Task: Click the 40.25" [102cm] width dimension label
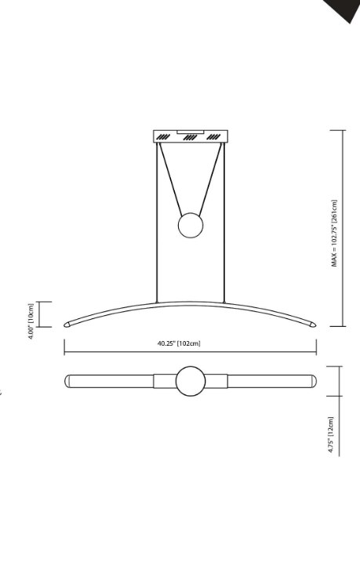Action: [x=179, y=343]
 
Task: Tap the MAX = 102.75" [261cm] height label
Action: [x=334, y=233]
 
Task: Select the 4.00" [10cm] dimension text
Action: [x=31, y=321]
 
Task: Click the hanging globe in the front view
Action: [x=191, y=226]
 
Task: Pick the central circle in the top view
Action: [x=190, y=382]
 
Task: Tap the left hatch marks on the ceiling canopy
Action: [x=163, y=137]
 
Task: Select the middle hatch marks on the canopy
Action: [x=190, y=137]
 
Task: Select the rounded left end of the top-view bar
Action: [x=68, y=382]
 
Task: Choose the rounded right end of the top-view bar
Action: [x=313, y=382]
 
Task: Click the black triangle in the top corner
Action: [x=345, y=9]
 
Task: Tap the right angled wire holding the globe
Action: [x=209, y=177]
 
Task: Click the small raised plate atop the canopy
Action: [x=191, y=130]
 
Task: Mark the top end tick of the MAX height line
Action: [x=344, y=129]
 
